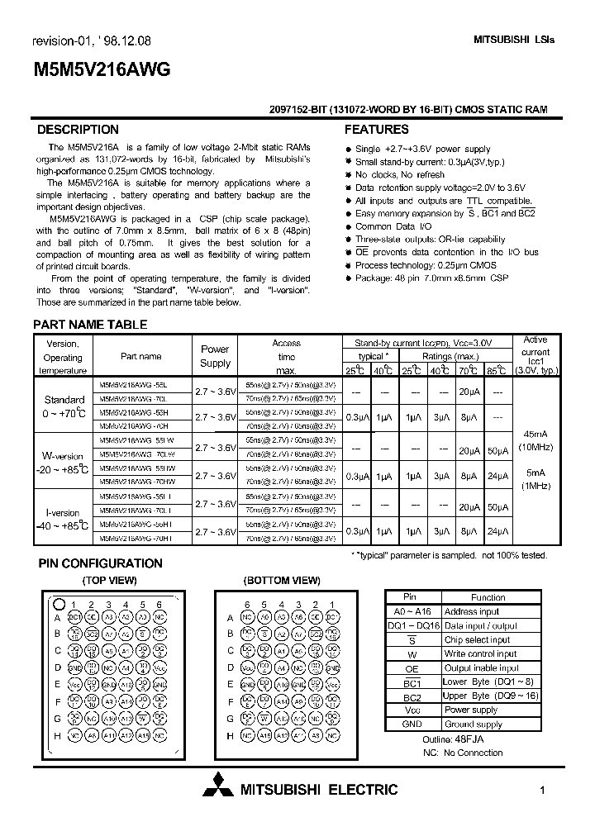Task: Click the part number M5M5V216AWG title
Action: pyautogui.click(x=101, y=70)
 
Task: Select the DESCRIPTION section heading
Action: pyautogui.click(x=79, y=130)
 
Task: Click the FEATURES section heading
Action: pyautogui.click(x=376, y=130)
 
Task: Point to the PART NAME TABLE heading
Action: pyautogui.click(x=90, y=325)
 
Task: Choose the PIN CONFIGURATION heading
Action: pyautogui.click(x=101, y=563)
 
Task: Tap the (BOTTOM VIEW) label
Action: pyautogui.click(x=283, y=581)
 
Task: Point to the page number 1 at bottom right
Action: pyautogui.click(x=542, y=791)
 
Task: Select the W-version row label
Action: pyautogui.click(x=63, y=456)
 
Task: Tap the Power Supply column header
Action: pyautogui.click(x=215, y=356)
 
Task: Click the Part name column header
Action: pyautogui.click(x=140, y=356)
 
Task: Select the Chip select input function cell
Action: pyautogui.click(x=477, y=639)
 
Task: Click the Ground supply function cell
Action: pyautogui.click(x=473, y=724)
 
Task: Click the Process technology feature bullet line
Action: pyautogui.click(x=413, y=265)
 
